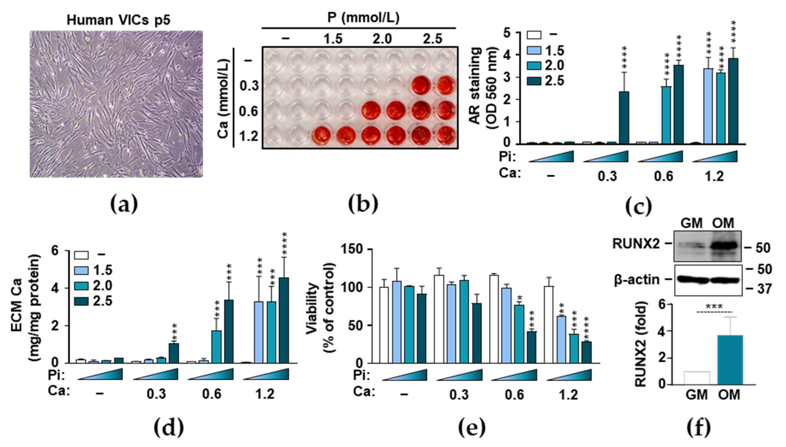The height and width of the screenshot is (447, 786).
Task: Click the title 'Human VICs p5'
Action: tap(118, 20)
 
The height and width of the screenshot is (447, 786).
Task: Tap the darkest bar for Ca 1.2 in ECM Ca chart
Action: tap(284, 320)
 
